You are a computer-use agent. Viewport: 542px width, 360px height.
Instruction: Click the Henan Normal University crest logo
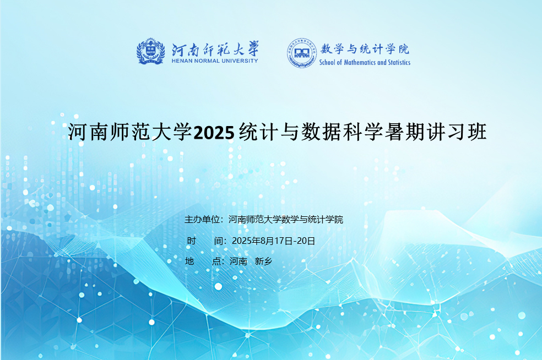(x=150, y=52)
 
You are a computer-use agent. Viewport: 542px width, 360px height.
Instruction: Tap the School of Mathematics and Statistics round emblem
(x=301, y=53)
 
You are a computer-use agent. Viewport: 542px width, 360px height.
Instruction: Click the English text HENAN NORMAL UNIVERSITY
(x=215, y=61)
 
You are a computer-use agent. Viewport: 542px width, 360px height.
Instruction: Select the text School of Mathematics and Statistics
(x=365, y=63)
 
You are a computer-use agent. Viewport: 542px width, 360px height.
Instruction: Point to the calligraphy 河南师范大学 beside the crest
(x=215, y=48)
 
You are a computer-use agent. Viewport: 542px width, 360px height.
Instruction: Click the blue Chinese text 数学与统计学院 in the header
(x=365, y=48)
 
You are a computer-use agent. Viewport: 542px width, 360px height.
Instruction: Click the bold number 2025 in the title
(x=214, y=133)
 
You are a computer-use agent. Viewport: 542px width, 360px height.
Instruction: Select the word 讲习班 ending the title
(x=457, y=132)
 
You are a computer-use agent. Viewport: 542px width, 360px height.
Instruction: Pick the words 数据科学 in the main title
(x=342, y=132)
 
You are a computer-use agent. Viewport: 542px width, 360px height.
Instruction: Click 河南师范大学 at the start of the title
(x=130, y=132)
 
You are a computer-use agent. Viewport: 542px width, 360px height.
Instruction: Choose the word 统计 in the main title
(x=258, y=132)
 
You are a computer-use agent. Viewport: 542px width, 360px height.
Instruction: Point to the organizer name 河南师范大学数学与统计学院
(x=285, y=220)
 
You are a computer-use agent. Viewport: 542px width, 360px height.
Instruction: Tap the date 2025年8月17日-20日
(x=273, y=241)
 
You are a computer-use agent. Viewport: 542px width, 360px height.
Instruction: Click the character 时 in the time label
(x=192, y=241)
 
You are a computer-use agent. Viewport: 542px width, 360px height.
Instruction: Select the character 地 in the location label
(x=189, y=261)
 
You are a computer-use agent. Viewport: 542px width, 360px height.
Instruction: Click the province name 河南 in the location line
(x=239, y=261)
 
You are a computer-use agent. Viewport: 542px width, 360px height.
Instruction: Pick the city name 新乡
(x=263, y=261)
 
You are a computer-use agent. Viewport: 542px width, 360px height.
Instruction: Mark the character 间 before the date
(x=219, y=241)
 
